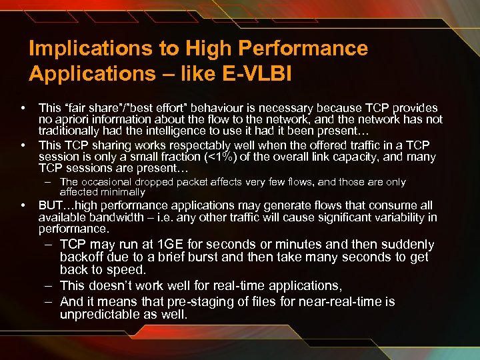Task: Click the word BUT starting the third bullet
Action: (x=51, y=205)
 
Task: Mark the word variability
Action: (x=402, y=217)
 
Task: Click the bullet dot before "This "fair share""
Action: (x=23, y=108)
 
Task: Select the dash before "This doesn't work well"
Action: (x=49, y=285)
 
